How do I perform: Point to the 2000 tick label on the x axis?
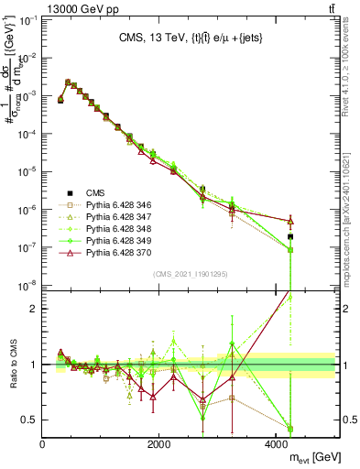[x=160, y=443]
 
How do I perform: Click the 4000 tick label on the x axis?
[x=278, y=443]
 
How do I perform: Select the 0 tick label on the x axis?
[x=43, y=443]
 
